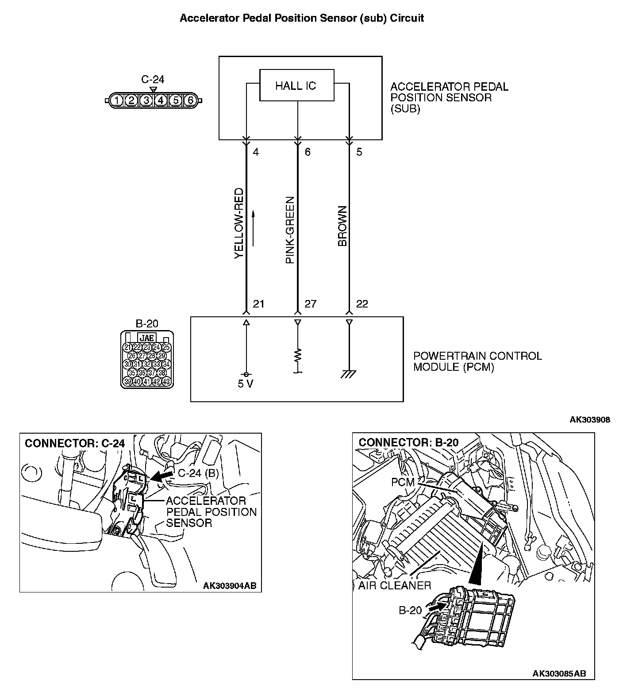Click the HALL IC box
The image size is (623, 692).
[296, 85]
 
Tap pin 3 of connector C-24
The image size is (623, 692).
[146, 100]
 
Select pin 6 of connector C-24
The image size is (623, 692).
[190, 100]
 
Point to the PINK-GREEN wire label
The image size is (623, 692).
[290, 230]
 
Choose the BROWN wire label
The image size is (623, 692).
[342, 226]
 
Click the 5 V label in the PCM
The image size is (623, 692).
[246, 384]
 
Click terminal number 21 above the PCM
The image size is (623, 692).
[258, 304]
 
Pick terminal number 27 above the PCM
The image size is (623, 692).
[311, 304]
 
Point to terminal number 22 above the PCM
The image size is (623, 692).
[362, 304]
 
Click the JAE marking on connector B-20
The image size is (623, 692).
[147, 338]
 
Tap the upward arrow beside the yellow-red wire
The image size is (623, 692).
[254, 228]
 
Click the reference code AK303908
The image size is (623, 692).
[589, 419]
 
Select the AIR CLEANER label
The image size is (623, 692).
[395, 585]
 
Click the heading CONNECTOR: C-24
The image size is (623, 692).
[75, 443]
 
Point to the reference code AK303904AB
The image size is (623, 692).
[229, 586]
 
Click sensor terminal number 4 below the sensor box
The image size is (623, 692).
[256, 152]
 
